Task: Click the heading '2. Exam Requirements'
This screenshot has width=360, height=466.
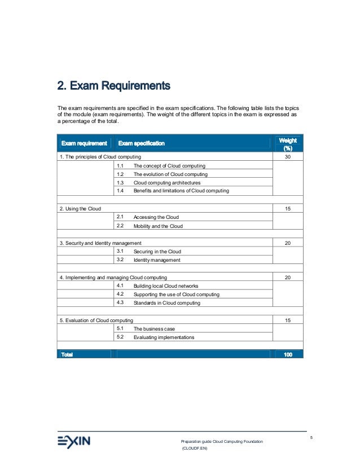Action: tap(113, 87)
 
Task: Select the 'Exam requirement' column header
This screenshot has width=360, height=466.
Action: tap(84, 143)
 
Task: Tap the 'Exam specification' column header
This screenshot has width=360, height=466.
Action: tap(141, 143)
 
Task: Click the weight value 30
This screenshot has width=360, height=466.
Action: tap(288, 156)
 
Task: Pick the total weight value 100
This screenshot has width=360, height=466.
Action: tap(288, 354)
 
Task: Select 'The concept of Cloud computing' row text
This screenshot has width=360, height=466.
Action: tap(169, 166)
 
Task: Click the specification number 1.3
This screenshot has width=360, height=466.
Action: tap(120, 183)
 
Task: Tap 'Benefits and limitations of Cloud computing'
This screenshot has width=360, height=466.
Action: tap(181, 191)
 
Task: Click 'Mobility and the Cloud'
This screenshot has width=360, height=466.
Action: tap(158, 226)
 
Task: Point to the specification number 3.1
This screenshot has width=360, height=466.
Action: tap(120, 251)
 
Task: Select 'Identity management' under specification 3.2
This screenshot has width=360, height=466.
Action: tap(157, 260)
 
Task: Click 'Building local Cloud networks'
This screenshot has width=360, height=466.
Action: tap(166, 286)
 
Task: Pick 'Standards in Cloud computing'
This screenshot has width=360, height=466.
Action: tap(166, 303)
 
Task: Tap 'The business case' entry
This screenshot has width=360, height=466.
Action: tap(153, 329)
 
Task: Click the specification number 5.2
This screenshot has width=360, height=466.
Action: tap(120, 337)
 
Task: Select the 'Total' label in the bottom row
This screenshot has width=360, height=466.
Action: tap(67, 354)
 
